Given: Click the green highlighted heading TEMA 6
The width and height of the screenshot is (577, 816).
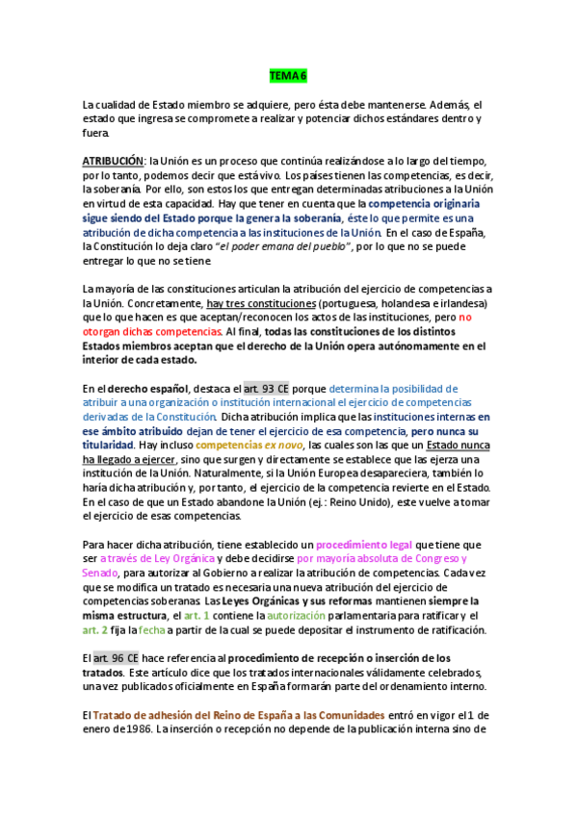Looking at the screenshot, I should click(x=288, y=75).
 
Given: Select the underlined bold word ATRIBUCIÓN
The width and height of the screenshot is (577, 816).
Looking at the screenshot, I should click(x=112, y=160).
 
